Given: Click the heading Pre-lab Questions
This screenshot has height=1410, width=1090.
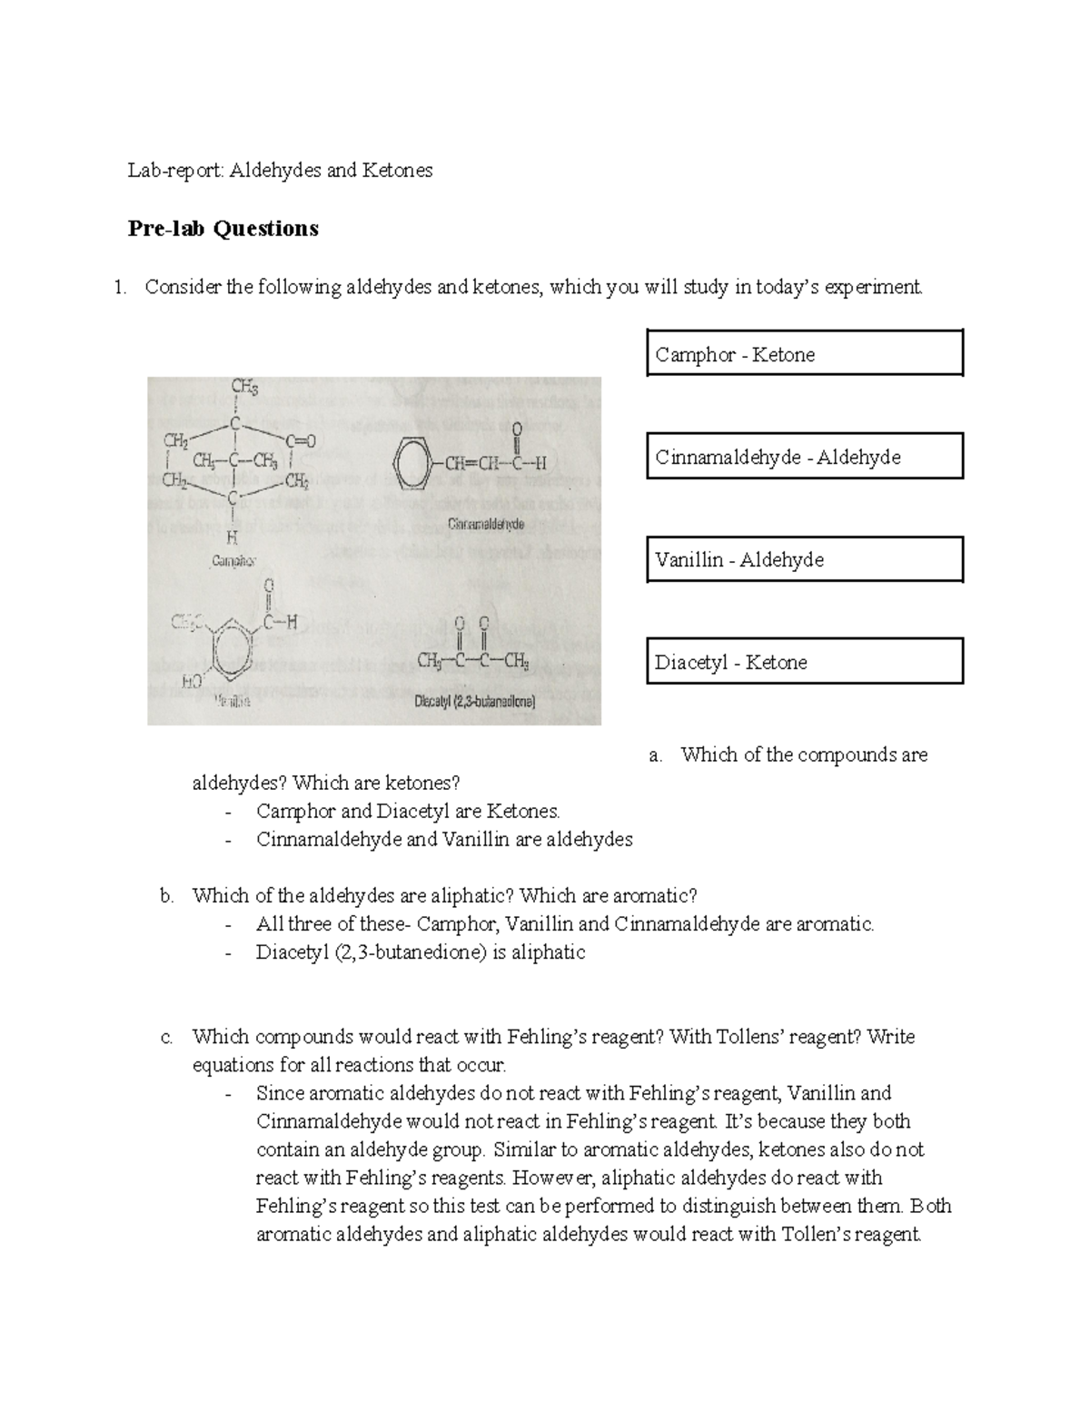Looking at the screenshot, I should (223, 229).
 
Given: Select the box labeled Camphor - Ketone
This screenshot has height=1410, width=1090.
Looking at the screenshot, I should (804, 353).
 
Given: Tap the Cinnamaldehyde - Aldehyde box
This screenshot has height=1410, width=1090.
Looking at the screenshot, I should (804, 456).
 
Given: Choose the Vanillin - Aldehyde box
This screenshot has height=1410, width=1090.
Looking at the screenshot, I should (804, 558).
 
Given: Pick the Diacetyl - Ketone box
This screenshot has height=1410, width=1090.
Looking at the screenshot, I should (804, 661).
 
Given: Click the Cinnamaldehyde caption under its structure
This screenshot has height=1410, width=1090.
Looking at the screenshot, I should (486, 525).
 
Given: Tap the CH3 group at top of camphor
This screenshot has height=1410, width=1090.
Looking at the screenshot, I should (244, 388).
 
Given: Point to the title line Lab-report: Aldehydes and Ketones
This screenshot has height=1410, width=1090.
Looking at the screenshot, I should (280, 170).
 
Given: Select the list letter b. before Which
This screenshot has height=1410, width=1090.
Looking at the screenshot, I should (166, 896).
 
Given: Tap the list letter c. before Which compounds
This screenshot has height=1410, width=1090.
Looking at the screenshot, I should (166, 1037).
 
